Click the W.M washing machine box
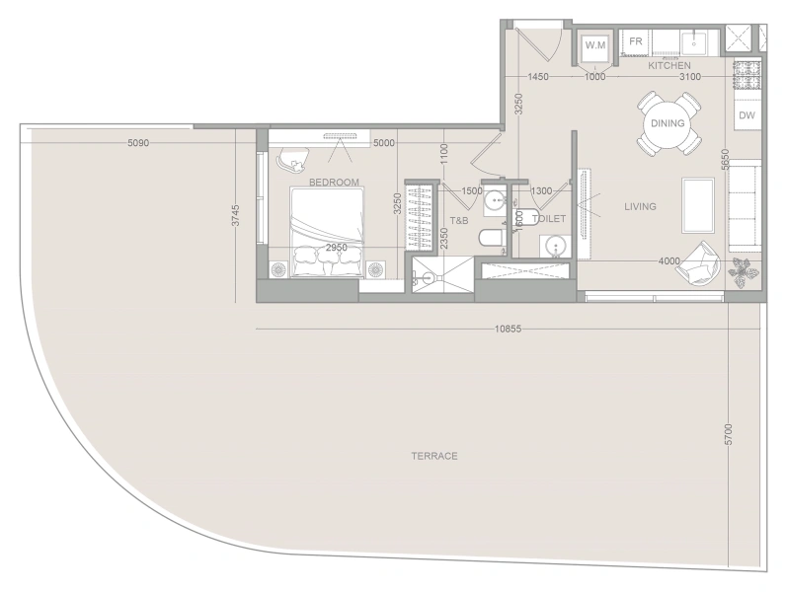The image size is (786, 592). click(594, 45)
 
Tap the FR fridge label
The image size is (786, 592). click(636, 42)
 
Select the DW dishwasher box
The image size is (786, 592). click(747, 116)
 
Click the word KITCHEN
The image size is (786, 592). click(668, 66)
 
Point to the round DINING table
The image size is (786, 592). click(668, 123)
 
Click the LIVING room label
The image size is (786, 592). click(640, 206)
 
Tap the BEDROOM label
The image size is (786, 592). click(333, 183)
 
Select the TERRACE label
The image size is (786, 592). click(434, 456)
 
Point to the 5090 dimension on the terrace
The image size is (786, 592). click(138, 143)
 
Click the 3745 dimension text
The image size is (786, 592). click(235, 217)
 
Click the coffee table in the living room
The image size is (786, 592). click(699, 198)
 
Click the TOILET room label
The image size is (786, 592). click(549, 218)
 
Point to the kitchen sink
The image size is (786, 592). click(695, 42)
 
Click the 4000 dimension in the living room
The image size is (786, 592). click(668, 261)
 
